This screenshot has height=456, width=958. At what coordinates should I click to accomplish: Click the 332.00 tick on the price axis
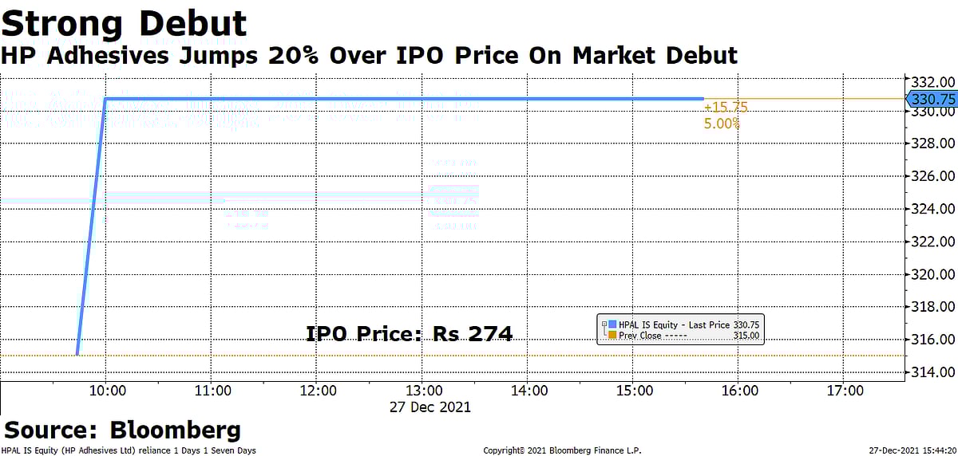click(932, 82)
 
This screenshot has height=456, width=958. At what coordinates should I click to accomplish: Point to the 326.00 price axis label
click(932, 176)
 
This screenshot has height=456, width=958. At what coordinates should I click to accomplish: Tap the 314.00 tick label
click(932, 372)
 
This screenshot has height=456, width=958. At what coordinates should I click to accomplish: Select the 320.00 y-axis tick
click(932, 274)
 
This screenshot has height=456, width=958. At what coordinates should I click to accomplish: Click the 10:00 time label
click(106, 391)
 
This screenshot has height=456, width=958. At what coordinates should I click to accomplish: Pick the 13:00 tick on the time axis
click(424, 391)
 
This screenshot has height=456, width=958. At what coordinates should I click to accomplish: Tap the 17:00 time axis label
click(845, 391)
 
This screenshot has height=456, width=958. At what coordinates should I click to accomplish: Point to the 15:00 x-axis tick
click(635, 391)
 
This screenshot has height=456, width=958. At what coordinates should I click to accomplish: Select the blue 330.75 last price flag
click(932, 99)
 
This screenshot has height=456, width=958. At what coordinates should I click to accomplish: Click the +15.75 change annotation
click(725, 107)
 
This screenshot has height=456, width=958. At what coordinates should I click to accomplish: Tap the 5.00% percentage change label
click(722, 124)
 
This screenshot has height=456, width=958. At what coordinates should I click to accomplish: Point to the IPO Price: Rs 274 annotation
click(410, 335)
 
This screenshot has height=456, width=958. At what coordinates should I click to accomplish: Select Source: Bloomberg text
click(123, 430)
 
